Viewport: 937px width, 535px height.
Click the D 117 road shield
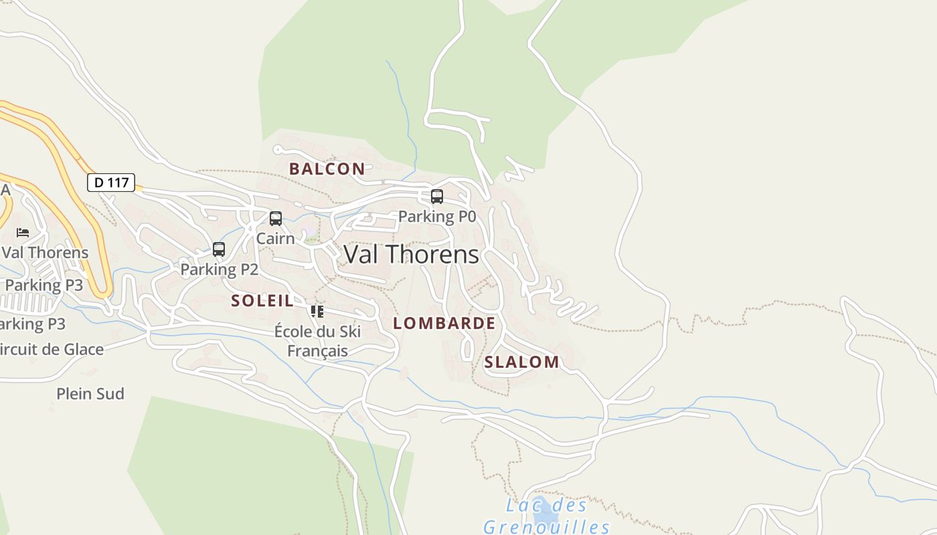pos(111,182)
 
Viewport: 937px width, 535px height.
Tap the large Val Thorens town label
pos(411,254)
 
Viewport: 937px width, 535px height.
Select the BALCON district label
pos(327,169)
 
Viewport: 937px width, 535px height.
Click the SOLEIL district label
pos(262,301)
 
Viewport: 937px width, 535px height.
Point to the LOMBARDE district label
pos(444,324)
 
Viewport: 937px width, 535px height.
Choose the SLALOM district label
pos(521,362)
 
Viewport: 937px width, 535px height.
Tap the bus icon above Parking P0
pos(437,197)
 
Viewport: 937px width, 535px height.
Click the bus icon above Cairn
pos(275,219)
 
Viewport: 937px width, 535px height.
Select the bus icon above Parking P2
pos(219,249)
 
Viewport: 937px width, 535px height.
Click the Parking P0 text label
pos(437,216)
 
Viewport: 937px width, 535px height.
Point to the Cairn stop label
pos(275,238)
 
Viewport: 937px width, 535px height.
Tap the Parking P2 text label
pos(219,270)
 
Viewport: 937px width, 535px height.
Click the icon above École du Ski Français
pos(317,311)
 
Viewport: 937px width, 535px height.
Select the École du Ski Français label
pos(317,341)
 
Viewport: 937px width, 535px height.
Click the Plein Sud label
pos(90,394)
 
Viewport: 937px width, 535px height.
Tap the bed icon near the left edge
pos(23,233)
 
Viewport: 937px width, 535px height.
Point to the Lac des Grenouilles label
pos(546,516)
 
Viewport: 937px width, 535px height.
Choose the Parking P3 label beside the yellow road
pos(44,285)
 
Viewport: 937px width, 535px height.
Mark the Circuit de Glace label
pos(52,349)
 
